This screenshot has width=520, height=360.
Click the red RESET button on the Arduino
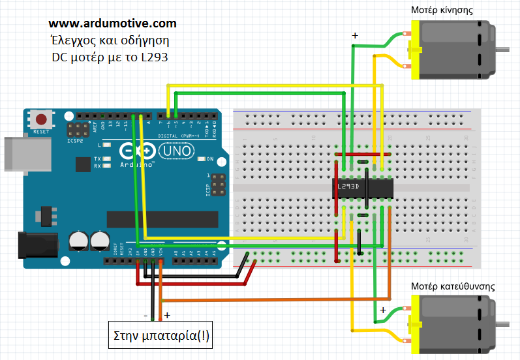point(42,120)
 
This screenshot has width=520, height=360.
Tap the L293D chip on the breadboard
point(363,187)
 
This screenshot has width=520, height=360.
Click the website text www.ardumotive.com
point(112,23)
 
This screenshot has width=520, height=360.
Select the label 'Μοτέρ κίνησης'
point(442,10)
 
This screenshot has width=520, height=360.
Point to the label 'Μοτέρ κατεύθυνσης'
point(453,286)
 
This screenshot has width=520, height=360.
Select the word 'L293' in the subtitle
point(154,57)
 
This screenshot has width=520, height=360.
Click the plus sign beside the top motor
point(355,36)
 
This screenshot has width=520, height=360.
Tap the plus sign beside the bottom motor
point(383,310)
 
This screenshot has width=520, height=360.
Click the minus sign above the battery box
point(145,315)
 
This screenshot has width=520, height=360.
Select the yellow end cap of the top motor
point(412,49)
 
